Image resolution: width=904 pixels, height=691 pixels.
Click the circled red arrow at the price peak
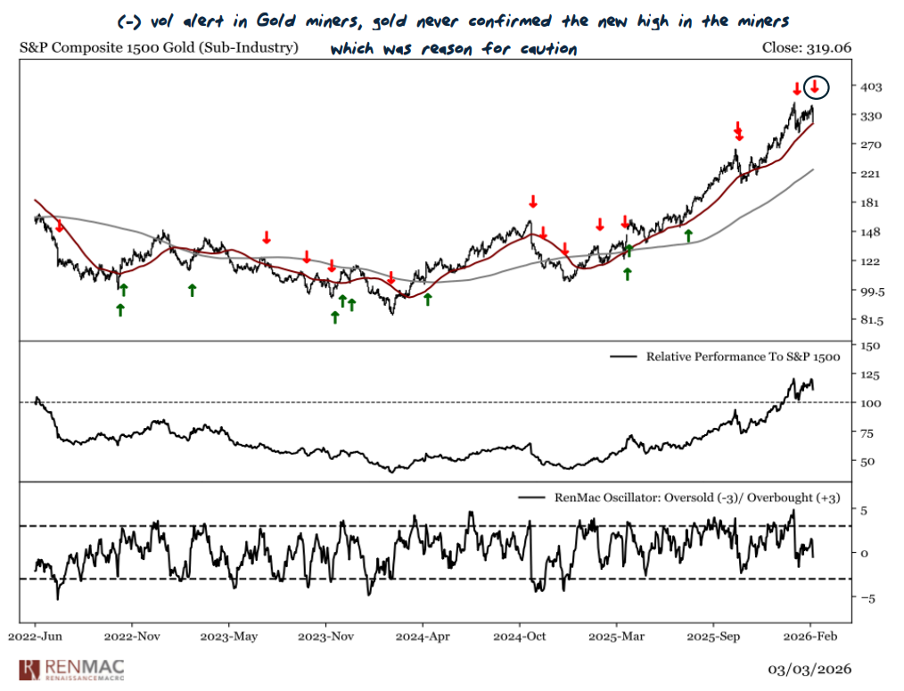pyautogui.click(x=815, y=87)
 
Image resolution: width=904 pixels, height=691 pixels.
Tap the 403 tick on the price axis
pyautogui.click(x=872, y=86)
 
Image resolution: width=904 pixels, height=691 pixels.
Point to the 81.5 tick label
pyautogui.click(x=870, y=320)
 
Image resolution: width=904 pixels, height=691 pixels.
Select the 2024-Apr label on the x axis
pyautogui.click(x=423, y=638)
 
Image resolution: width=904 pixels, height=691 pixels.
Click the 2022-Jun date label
pyautogui.click(x=35, y=638)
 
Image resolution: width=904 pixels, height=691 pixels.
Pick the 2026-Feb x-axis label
pyautogui.click(x=810, y=638)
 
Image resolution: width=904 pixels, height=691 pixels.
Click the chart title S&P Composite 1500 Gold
pyautogui.click(x=159, y=48)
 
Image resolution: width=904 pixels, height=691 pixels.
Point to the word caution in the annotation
pyautogui.click(x=547, y=48)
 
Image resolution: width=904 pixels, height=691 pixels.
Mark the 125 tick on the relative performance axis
pyautogui.click(x=870, y=374)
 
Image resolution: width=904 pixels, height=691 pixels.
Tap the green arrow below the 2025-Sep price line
pyautogui.click(x=688, y=234)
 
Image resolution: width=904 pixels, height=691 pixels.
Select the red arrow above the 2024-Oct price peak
pyautogui.click(x=532, y=201)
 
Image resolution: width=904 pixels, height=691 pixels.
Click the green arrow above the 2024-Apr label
pyautogui.click(x=427, y=300)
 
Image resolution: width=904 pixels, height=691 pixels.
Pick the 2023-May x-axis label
pyautogui.click(x=228, y=638)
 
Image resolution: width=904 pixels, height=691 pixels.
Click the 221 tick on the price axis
pyautogui.click(x=870, y=174)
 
